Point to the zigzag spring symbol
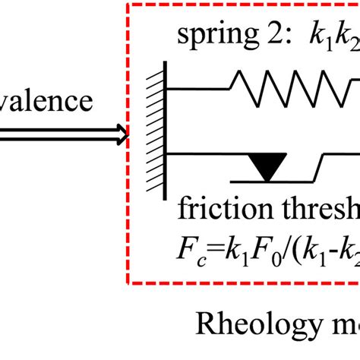[x=296, y=89]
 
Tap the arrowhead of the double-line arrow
[x=122, y=135]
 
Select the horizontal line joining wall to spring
[x=197, y=89]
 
